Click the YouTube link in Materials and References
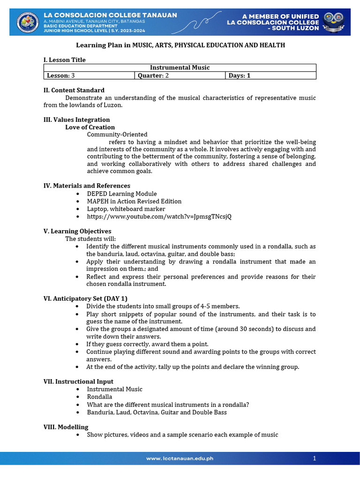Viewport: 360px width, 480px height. pos(159,217)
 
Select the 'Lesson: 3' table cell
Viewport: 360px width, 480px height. pos(89,75)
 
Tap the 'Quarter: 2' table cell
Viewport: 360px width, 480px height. pos(180,75)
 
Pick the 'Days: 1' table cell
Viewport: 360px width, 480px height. pos(270,75)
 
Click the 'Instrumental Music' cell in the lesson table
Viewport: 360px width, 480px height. pos(180,67)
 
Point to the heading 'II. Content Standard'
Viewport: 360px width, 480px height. pos(74,90)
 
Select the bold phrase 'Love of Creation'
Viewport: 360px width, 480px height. pos(90,127)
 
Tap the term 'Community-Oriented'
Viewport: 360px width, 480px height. pos(117,135)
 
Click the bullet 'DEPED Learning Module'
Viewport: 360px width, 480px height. pos(122,194)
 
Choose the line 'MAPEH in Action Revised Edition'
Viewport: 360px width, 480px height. pos(134,201)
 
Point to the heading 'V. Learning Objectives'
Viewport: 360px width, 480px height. pos(77,231)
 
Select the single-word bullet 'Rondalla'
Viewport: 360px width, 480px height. pos(99,397)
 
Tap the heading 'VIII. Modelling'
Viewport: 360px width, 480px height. pos(66,427)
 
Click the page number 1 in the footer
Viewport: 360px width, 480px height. pos(315,458)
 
